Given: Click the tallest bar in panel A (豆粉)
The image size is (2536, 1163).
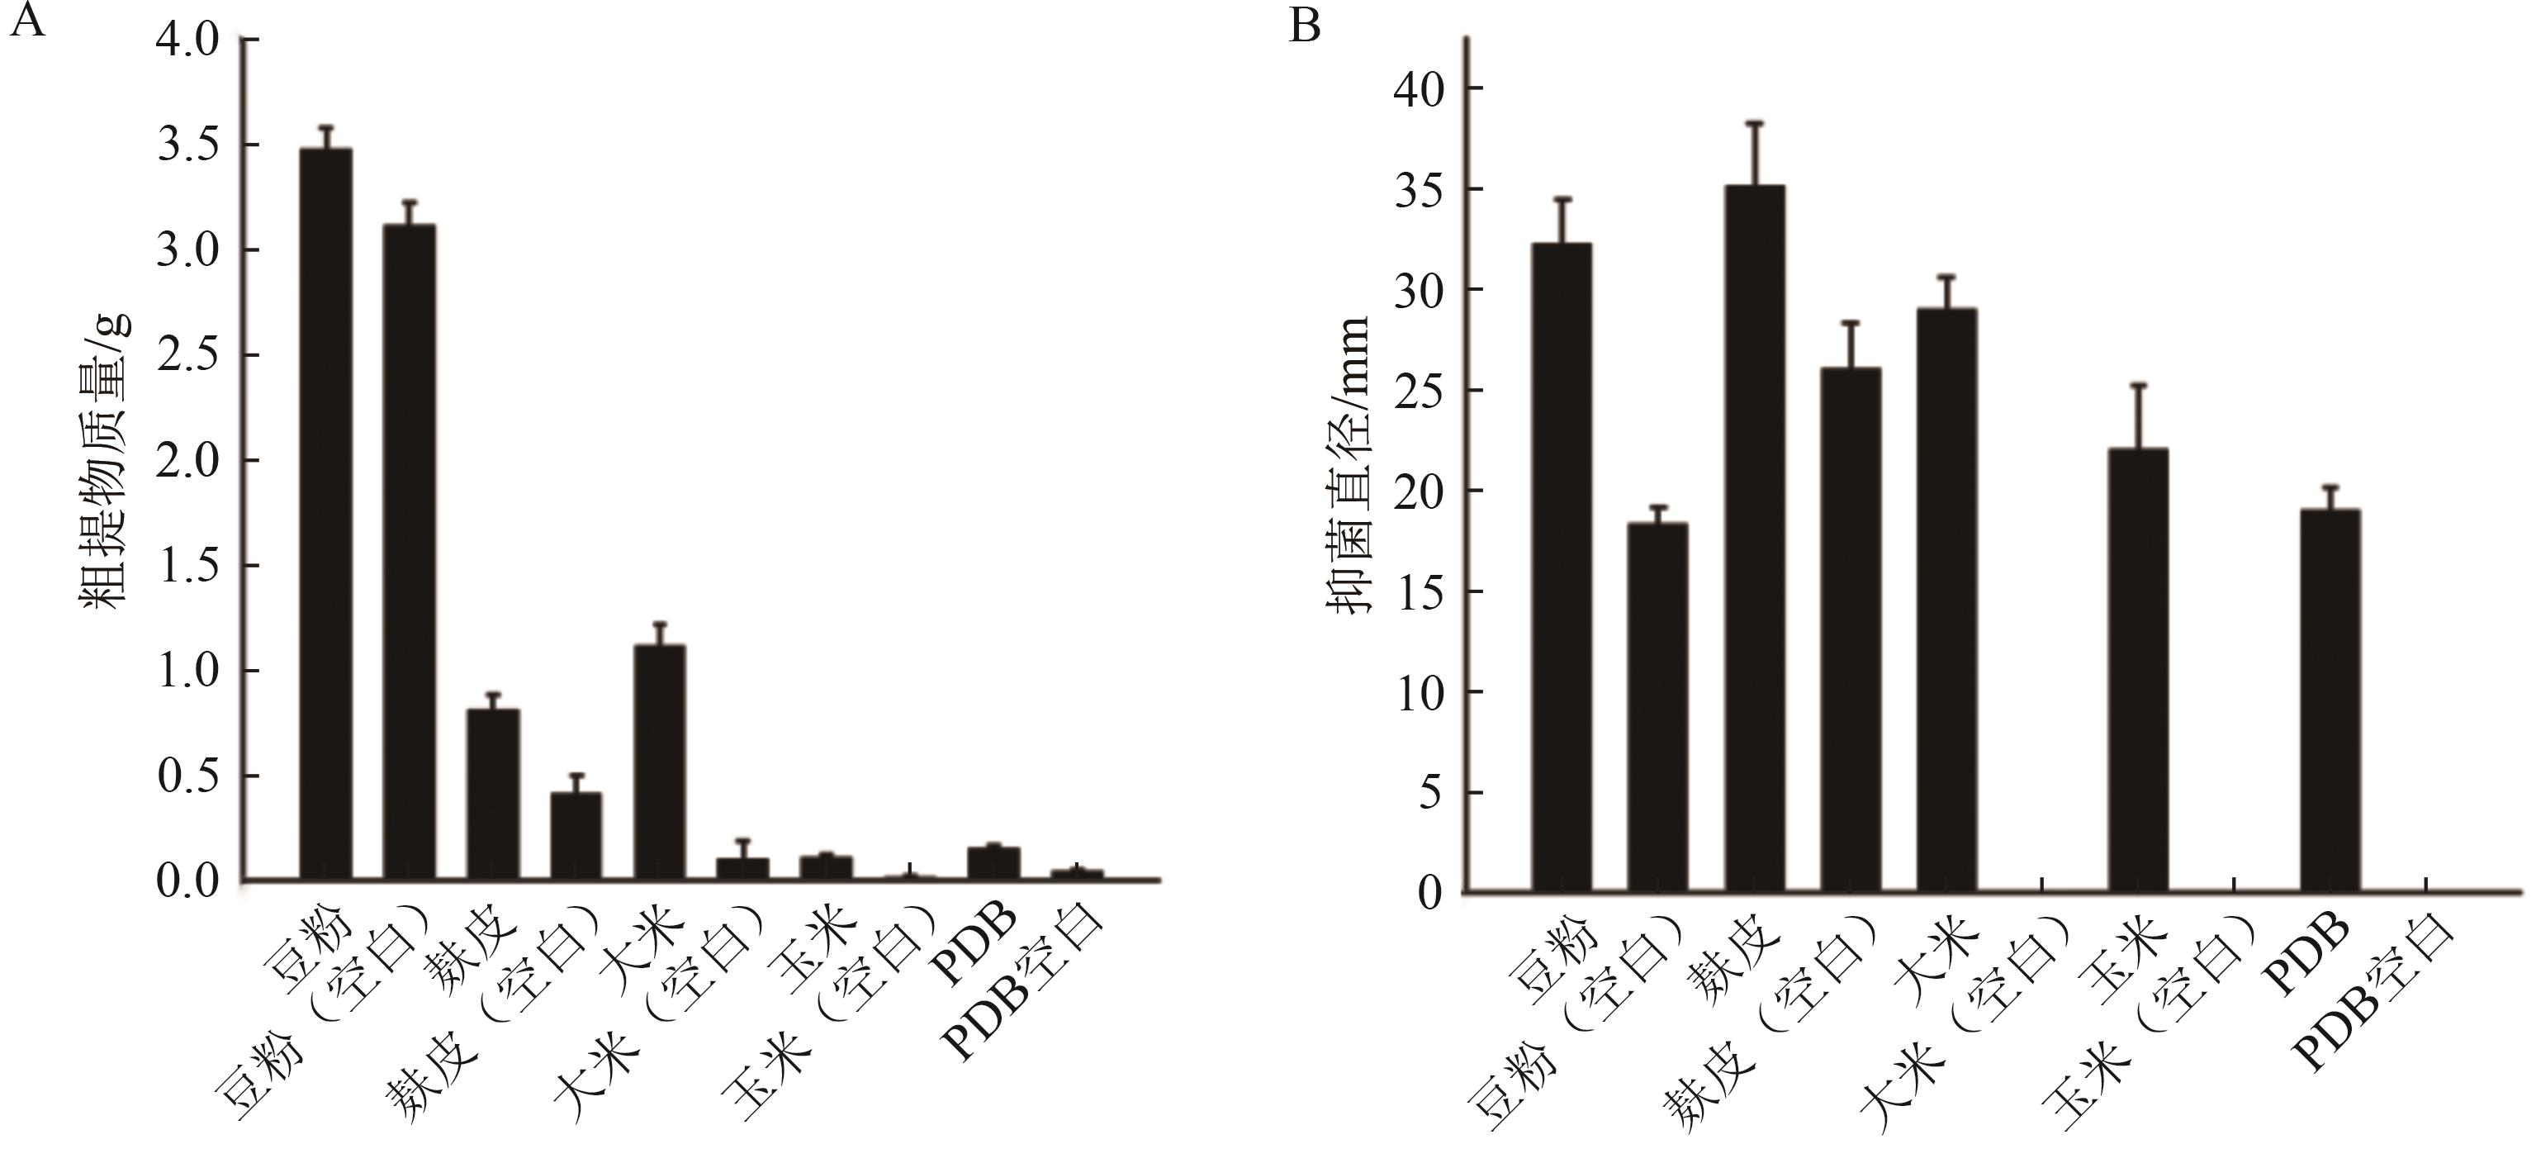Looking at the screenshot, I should click(326, 512).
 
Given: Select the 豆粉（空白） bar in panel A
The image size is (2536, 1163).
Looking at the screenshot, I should click(410, 552).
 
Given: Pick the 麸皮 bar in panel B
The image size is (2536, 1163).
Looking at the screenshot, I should click(1754, 538).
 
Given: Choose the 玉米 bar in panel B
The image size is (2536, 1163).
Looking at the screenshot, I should click(2138, 670).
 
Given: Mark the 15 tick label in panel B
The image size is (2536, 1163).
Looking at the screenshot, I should click(1418, 592).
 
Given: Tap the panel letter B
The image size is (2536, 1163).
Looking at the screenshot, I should click(1305, 26).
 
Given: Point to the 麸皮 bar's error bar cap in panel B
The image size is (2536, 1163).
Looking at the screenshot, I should click(1754, 123).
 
